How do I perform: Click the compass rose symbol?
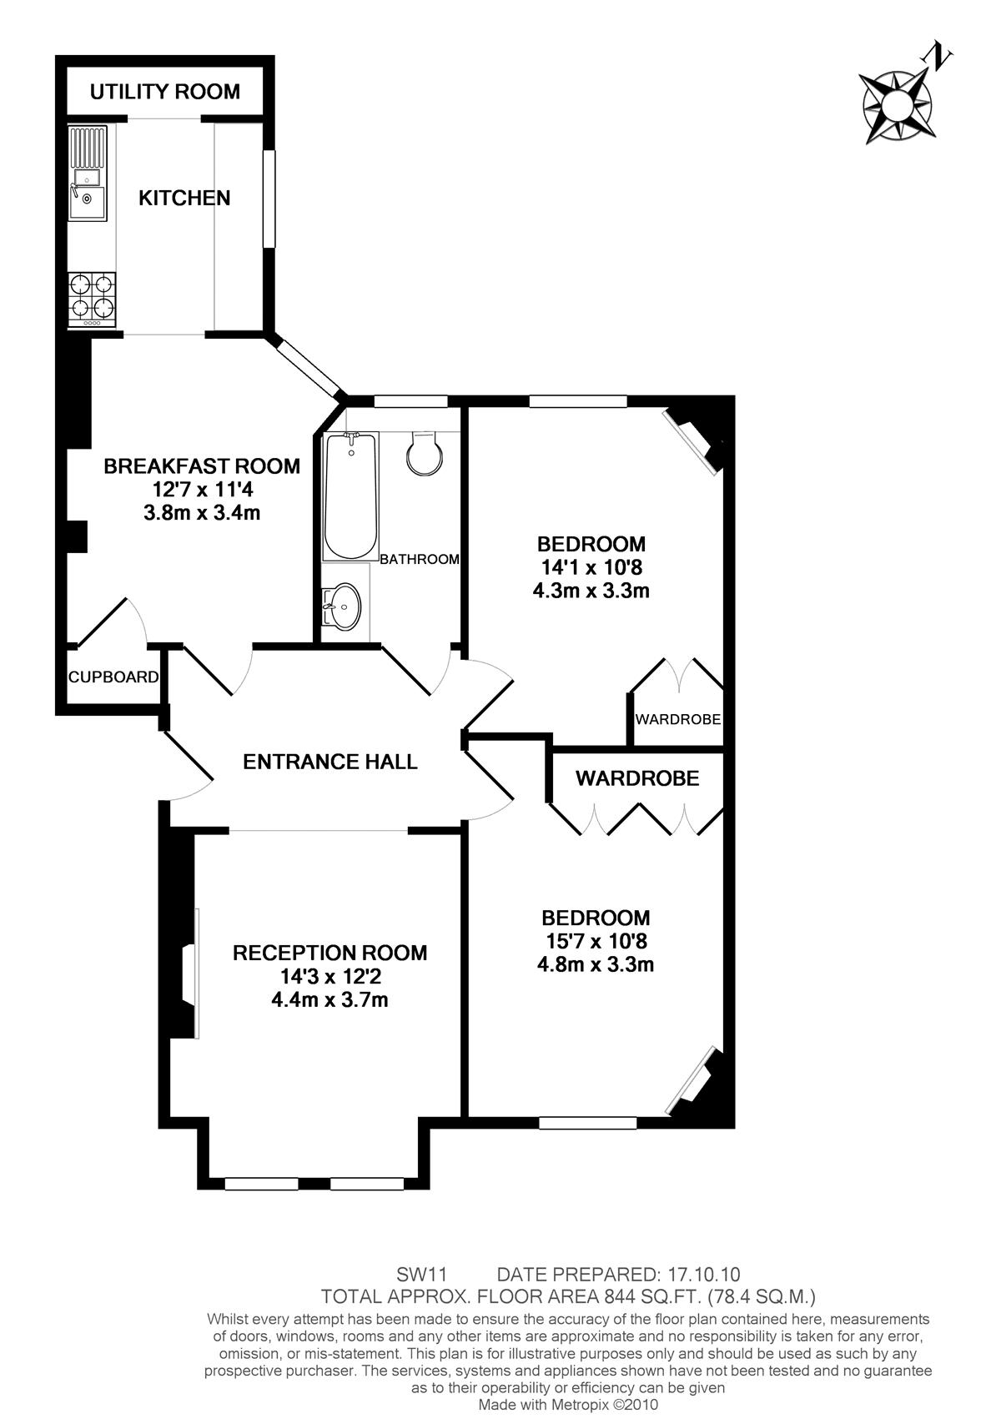[895, 105]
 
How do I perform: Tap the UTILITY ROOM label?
[164, 92]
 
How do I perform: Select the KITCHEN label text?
[184, 199]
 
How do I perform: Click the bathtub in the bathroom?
[350, 496]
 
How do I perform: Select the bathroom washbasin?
[341, 607]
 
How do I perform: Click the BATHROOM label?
[420, 560]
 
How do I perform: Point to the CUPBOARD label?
[113, 677]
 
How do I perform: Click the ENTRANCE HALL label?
[330, 762]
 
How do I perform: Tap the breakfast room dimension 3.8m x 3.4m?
[202, 512]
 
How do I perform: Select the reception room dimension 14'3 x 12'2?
[330, 976]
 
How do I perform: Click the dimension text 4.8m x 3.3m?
[596, 965]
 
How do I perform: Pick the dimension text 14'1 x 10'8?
[591, 567]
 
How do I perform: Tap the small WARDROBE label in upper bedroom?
[678, 720]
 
